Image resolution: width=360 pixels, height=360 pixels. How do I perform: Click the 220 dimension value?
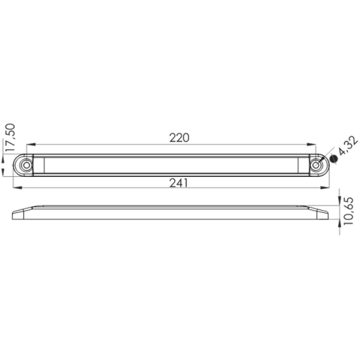click(x=179, y=137)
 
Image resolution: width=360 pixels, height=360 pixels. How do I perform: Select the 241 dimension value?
click(x=179, y=183)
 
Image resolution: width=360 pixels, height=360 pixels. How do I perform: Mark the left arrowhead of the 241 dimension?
click(x=16, y=188)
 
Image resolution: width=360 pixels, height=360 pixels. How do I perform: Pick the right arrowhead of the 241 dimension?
click(x=325, y=188)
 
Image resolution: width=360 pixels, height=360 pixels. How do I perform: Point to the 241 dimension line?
click(x=98, y=188)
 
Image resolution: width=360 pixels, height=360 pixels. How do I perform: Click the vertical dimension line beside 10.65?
click(x=340, y=209)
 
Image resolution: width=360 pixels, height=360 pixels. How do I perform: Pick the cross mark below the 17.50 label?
click(x=12, y=176)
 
